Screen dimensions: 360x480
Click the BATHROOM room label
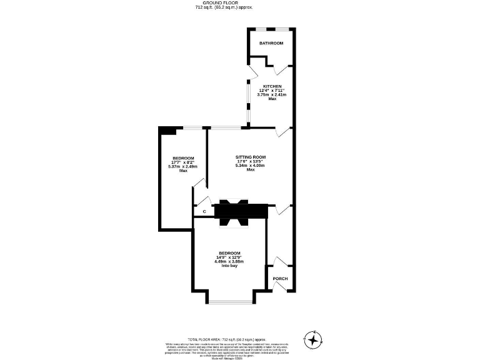click(x=272, y=43)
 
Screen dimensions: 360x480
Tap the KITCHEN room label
click(x=272, y=86)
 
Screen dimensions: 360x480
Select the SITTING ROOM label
click(x=251, y=157)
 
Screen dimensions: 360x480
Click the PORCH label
click(x=279, y=279)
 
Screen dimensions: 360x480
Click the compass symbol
click(x=312, y=339)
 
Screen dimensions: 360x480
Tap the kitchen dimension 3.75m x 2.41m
click(x=272, y=94)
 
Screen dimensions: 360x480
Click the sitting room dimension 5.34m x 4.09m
click(x=251, y=165)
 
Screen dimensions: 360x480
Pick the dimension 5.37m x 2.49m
click(x=183, y=166)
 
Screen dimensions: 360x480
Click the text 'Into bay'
click(x=229, y=266)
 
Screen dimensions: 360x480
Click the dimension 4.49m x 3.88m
click(x=229, y=261)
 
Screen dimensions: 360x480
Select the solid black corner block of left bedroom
click(x=167, y=130)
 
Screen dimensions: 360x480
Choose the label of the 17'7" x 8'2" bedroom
click(x=183, y=158)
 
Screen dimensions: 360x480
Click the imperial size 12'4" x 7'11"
click(x=272, y=91)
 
